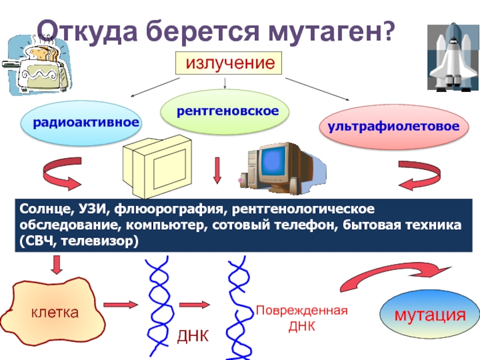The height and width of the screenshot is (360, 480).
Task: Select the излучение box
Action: point(229,63)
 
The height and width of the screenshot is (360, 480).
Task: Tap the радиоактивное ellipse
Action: point(81,123)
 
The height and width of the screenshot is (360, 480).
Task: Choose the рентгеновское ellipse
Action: point(224,112)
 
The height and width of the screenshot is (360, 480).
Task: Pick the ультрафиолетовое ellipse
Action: point(394,127)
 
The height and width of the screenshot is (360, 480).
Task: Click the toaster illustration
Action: point(36,65)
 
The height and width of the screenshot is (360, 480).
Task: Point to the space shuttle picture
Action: point(454,57)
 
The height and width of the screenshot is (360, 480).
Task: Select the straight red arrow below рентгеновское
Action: point(217,170)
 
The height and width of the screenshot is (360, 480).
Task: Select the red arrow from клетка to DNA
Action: point(121,305)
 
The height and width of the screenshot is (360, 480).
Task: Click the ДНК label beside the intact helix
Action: point(193,336)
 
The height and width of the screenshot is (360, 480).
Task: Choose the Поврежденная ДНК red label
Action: point(302,319)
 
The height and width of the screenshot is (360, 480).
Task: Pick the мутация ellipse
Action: point(430,314)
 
